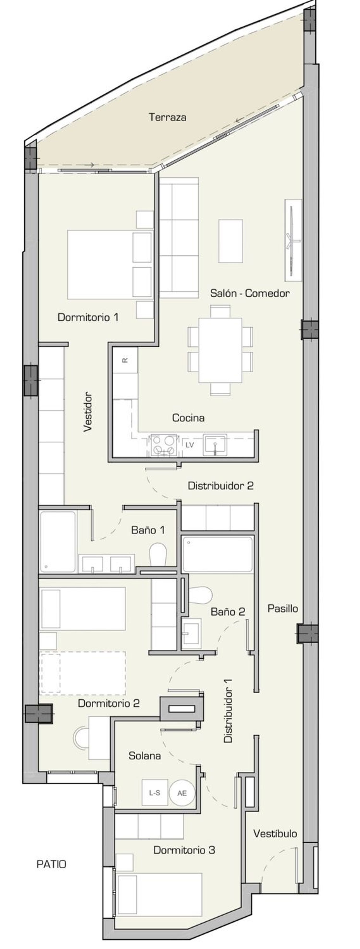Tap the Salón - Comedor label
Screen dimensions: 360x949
(x=250, y=294)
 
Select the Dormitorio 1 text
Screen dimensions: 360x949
(x=88, y=317)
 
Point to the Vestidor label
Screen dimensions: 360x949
(x=88, y=412)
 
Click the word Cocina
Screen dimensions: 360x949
(x=188, y=418)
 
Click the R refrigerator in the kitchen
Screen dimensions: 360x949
(x=125, y=360)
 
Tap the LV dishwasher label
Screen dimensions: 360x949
(x=190, y=445)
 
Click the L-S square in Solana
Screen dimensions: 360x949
(x=154, y=793)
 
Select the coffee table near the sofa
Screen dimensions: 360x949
(x=231, y=241)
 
